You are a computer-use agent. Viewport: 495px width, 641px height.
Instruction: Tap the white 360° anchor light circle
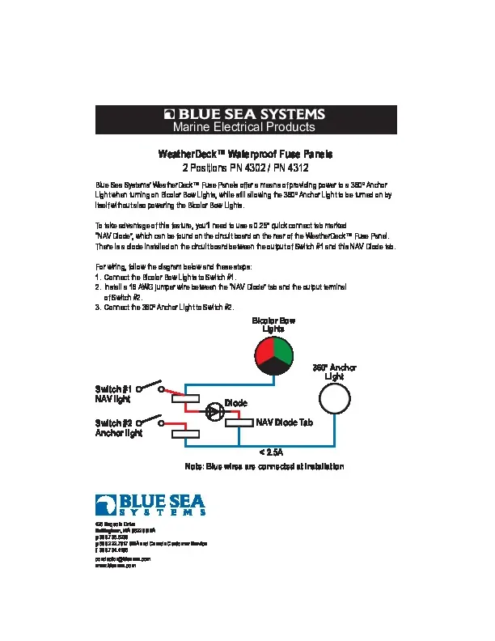[x=334, y=399]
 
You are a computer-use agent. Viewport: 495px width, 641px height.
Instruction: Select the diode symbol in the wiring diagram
[x=213, y=411]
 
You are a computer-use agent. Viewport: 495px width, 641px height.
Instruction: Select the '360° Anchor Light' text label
[x=334, y=372]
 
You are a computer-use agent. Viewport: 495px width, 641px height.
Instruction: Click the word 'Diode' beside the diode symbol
[x=236, y=402]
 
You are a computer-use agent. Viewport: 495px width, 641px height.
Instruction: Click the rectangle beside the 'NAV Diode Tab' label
[x=239, y=422]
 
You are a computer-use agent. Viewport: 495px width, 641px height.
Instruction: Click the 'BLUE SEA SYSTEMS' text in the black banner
[x=251, y=114]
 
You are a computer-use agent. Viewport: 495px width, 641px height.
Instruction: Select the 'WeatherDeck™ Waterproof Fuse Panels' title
[x=245, y=154]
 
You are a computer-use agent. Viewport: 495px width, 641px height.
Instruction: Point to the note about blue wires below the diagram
[x=264, y=467]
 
